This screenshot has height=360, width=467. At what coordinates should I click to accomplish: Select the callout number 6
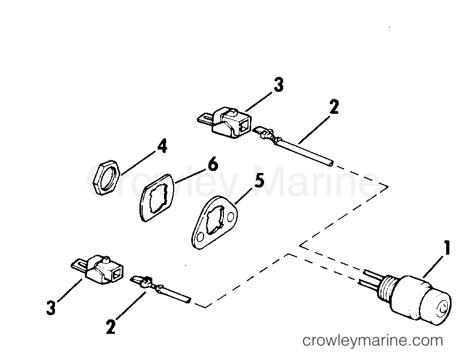point(212,164)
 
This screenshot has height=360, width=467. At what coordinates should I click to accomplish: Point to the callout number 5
point(258,181)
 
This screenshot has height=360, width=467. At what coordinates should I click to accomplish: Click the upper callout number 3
point(278,85)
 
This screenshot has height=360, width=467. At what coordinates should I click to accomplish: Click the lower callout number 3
point(50,309)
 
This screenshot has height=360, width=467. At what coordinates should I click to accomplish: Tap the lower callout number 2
point(110,327)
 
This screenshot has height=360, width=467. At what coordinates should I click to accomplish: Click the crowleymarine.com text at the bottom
point(372,340)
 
